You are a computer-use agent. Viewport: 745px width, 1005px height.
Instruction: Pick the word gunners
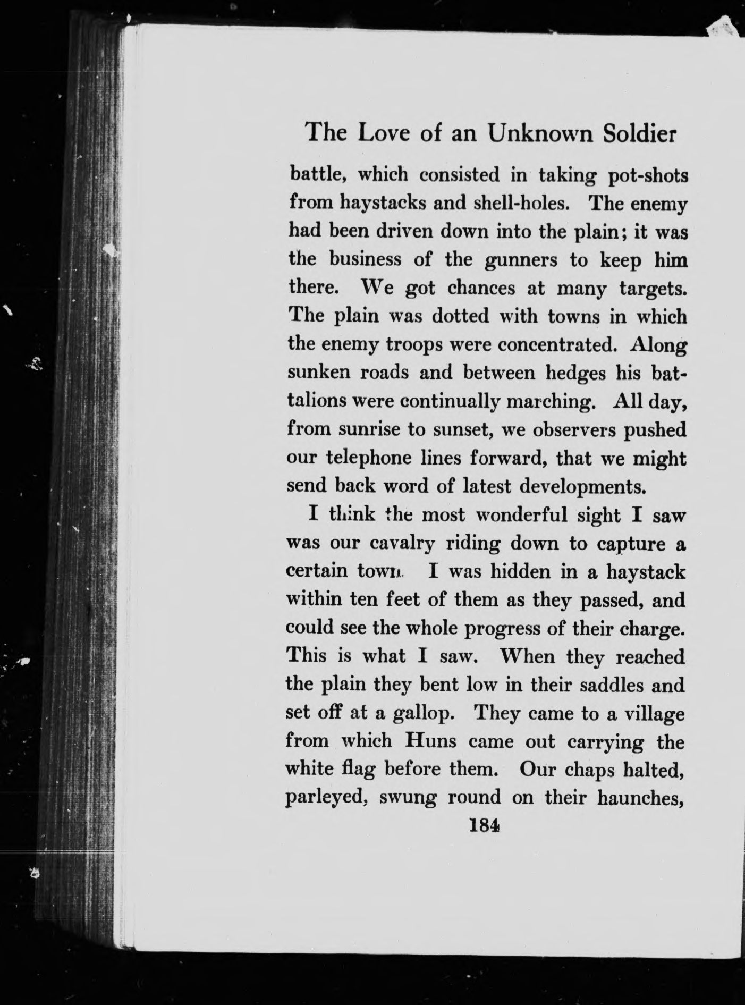(x=514, y=261)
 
